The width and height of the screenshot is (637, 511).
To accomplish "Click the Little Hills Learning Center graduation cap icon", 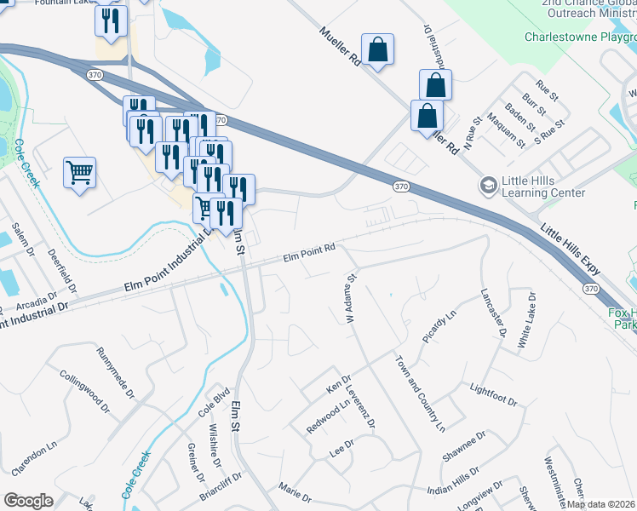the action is pyautogui.click(x=488, y=185).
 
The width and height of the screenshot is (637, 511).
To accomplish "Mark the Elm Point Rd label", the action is pyautogui.click(x=310, y=252).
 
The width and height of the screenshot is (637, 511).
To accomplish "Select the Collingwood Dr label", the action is pyautogui.click(x=85, y=392).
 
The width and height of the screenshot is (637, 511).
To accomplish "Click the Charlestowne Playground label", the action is pyautogui.click(x=579, y=37).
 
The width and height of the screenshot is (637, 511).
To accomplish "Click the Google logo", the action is pyautogui.click(x=28, y=501).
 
